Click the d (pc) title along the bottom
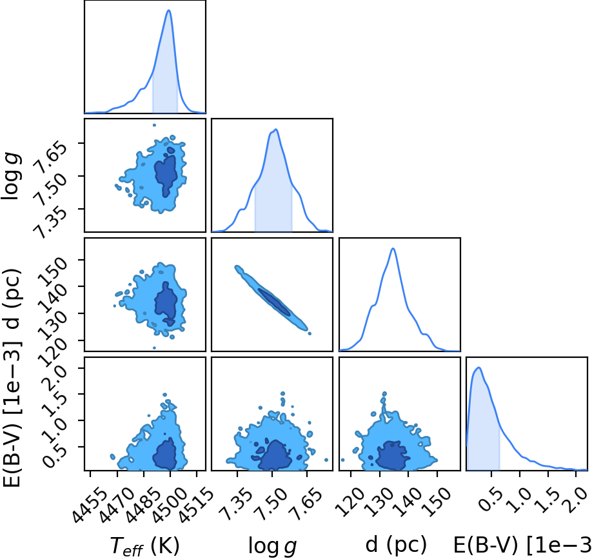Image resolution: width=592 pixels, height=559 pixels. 396,545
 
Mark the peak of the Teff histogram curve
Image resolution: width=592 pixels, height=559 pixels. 169,10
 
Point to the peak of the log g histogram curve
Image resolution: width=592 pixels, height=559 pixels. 277,130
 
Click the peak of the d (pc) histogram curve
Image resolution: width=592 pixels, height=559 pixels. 393,248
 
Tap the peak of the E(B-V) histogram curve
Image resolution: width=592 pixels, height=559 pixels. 479,368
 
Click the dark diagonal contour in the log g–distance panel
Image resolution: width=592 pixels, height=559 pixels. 275,302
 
